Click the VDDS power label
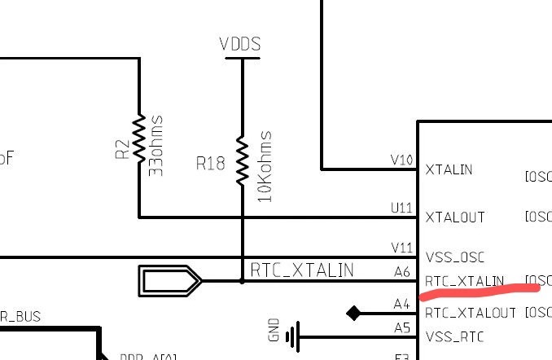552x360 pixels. (240, 45)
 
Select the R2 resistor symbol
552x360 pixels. (139, 137)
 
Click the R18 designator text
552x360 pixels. (210, 164)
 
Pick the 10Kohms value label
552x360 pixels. (265, 166)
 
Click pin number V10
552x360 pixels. (402, 160)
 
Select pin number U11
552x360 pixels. (402, 208)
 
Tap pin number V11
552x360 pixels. (402, 248)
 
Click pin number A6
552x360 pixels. (402, 272)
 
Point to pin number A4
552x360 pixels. (402, 304)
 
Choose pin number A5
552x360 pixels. (402, 327)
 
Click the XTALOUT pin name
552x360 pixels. (455, 217)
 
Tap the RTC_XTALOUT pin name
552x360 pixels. (471, 313)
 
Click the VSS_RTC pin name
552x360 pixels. (456, 336)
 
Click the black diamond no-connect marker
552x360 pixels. (353, 313)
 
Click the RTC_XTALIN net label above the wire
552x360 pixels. (301, 270)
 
